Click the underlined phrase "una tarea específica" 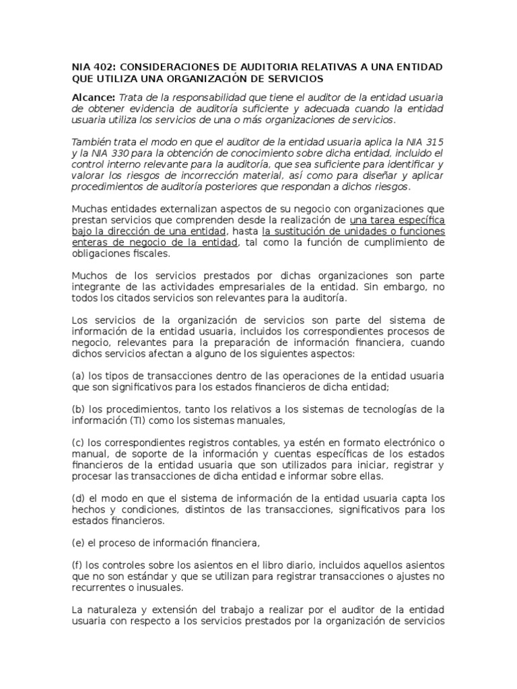(397, 221)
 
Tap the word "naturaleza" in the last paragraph (109, 610)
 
